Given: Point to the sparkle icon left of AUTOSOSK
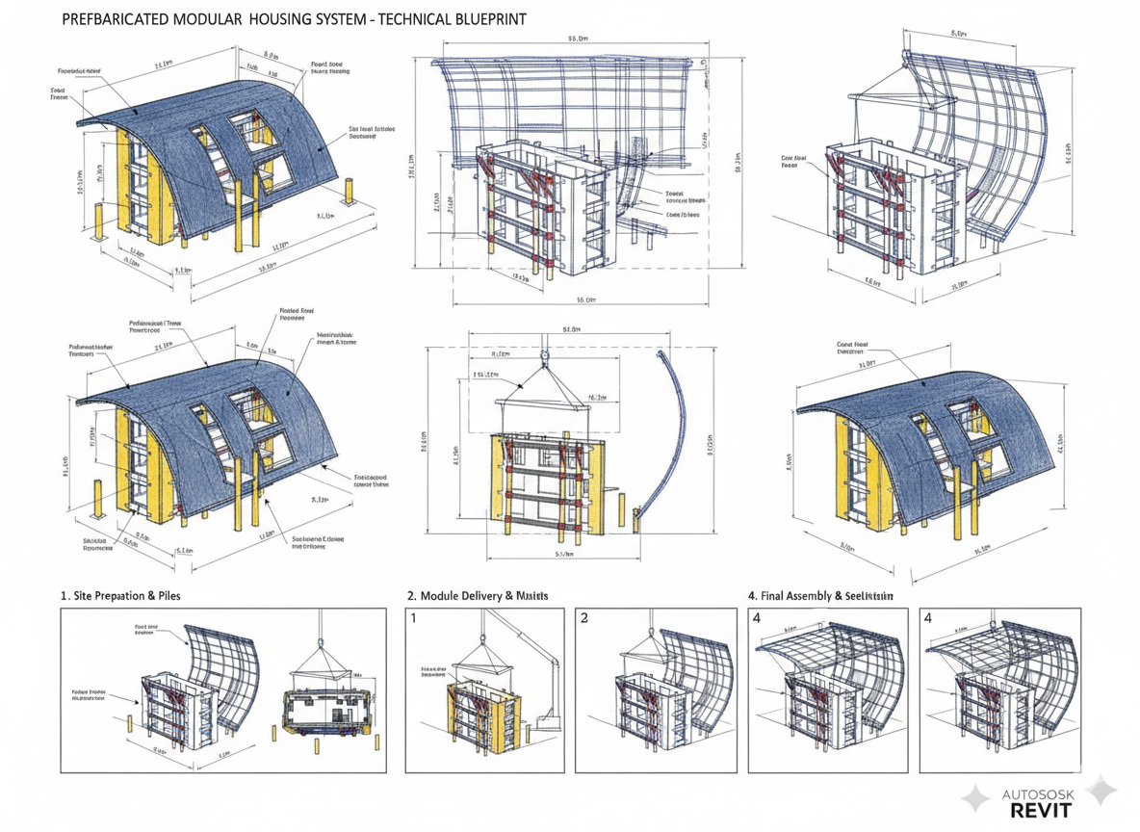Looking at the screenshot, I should (976, 798).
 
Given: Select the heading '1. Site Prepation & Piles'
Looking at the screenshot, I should (120, 596).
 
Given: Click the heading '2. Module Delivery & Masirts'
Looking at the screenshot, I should (478, 596).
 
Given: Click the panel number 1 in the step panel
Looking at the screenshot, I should (414, 618).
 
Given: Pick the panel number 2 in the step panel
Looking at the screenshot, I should (584, 618).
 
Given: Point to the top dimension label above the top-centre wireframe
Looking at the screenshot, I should (578, 39).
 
